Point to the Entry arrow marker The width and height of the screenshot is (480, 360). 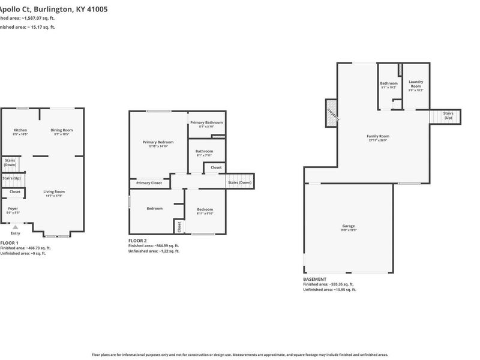(16, 227)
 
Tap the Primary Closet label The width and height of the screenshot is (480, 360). (149, 183)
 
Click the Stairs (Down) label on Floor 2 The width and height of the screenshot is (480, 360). (239, 182)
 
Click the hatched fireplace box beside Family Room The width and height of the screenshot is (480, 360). (331, 113)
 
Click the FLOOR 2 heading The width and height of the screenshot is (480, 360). (139, 240)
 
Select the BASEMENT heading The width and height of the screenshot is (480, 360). (315, 279)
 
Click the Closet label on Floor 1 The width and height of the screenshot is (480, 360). (14, 192)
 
